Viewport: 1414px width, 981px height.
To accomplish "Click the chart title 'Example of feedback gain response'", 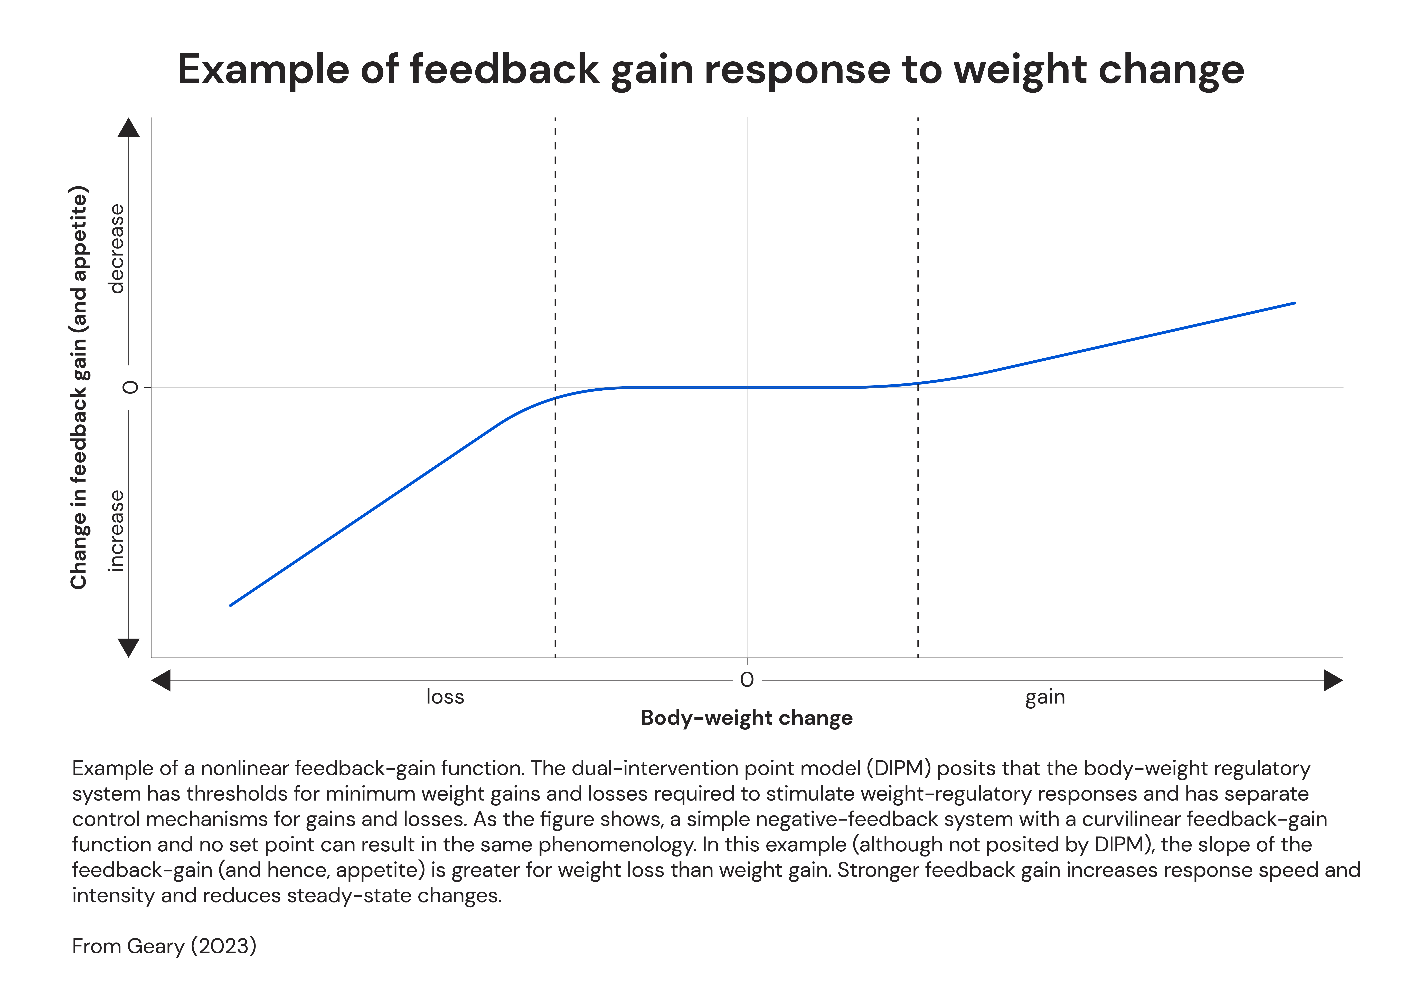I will [710, 70].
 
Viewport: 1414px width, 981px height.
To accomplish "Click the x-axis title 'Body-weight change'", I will [746, 718].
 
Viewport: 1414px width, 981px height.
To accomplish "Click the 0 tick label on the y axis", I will [130, 387].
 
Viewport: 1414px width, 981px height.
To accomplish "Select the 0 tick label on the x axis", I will [746, 680].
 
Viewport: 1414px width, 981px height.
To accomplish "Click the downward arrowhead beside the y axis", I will [128, 647].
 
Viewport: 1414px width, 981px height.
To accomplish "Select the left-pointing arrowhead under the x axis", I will [161, 680].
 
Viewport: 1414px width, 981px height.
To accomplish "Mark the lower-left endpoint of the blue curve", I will [231, 605].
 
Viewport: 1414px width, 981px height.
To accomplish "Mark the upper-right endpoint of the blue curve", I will [1295, 303].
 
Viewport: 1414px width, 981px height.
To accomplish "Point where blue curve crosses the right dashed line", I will [918, 383].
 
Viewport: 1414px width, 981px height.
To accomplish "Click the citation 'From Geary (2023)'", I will [164, 946].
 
